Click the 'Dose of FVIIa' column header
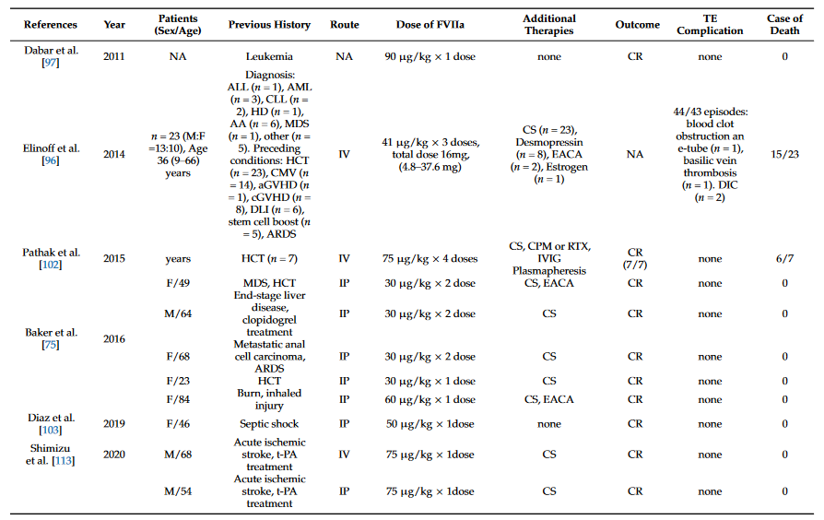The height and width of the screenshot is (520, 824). point(430,25)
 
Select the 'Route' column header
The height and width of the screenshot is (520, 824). point(344,25)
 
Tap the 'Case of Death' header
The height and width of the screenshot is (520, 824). point(784,25)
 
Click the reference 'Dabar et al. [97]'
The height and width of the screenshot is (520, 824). point(51,56)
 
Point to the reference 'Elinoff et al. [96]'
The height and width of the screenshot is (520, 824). point(51,154)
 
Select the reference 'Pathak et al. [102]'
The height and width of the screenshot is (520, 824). point(51,259)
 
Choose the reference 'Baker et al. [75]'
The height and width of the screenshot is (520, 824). point(51,338)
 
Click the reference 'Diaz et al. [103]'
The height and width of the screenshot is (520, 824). point(51,423)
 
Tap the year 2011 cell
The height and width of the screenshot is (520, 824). point(113,56)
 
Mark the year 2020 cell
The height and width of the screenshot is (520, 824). point(113,454)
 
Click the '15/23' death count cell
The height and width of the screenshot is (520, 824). point(784,154)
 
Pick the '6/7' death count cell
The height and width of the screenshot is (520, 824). point(784,259)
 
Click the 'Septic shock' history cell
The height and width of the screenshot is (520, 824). point(269,423)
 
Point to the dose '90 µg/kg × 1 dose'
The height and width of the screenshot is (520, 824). point(430,56)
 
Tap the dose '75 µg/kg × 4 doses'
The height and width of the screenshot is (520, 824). point(430,259)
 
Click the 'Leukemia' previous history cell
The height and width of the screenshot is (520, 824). point(269,56)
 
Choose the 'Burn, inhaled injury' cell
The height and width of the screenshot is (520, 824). point(269,399)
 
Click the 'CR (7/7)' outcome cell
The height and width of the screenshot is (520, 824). point(635,259)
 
